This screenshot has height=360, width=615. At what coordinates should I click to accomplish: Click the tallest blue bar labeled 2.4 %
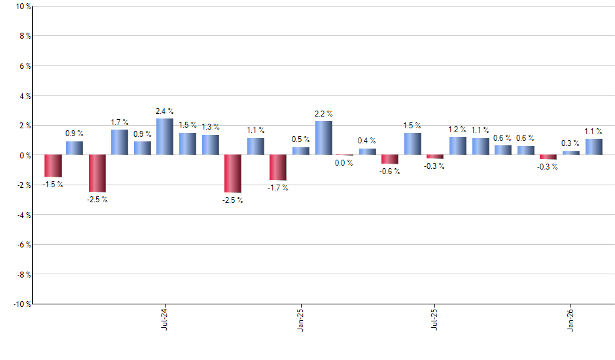pos(165,137)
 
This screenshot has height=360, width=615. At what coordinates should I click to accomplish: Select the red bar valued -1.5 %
pos(53,166)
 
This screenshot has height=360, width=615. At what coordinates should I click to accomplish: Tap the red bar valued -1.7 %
pos(278,168)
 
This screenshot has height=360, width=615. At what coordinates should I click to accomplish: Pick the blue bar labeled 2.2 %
pos(324,138)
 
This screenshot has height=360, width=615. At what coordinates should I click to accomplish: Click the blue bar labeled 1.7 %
pos(120,142)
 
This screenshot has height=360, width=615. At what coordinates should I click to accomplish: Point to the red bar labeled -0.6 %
pos(390,159)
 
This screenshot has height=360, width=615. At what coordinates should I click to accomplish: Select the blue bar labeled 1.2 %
pos(457,146)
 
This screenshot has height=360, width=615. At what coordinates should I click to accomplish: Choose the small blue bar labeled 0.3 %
pos(571,153)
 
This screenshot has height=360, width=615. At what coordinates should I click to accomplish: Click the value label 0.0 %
pos(344,163)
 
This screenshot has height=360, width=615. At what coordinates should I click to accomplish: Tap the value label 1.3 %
pos(211,127)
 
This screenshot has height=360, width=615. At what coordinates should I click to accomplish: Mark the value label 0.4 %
pos(367,141)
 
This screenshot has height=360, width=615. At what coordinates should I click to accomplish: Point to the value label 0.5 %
pos(301,139)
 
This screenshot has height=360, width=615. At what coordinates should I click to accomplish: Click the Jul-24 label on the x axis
pos(164,319)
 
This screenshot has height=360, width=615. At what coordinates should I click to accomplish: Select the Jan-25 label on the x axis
pos(300,319)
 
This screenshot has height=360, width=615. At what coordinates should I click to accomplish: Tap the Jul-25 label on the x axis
pos(435,319)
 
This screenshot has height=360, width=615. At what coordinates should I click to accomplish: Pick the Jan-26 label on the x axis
pos(571,319)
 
